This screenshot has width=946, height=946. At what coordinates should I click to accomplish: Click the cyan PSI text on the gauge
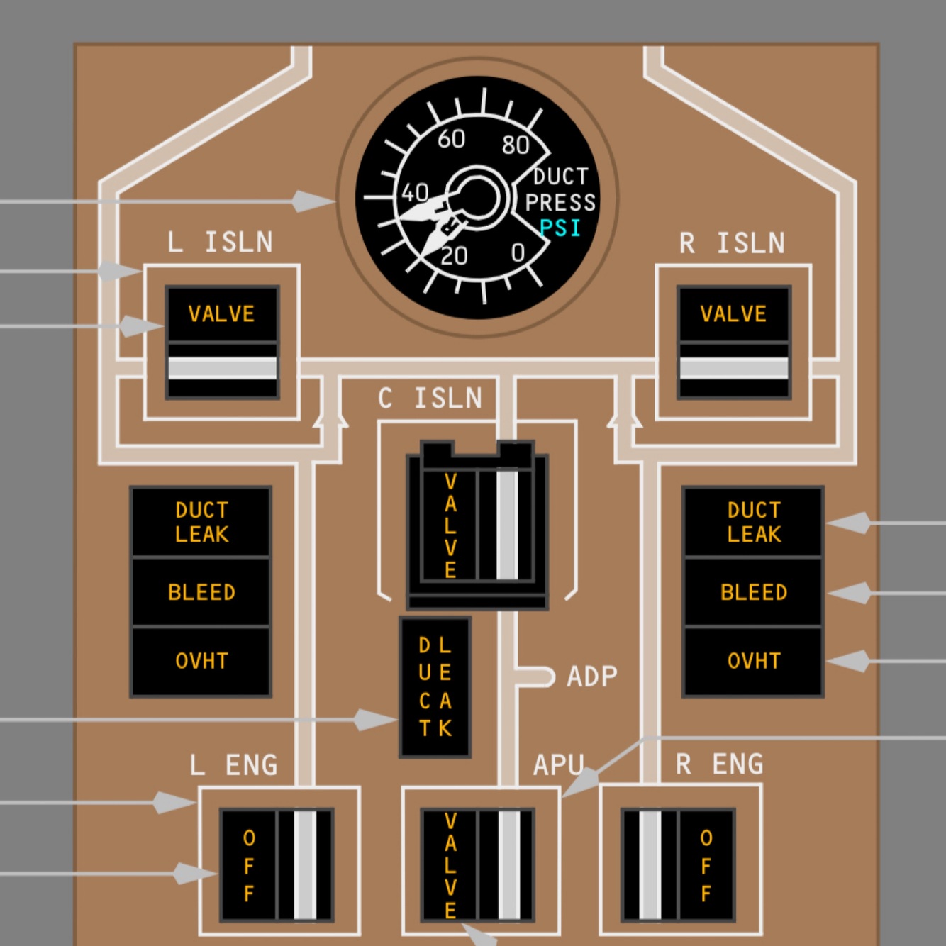560,228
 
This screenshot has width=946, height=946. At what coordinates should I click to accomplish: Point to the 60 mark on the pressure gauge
451,139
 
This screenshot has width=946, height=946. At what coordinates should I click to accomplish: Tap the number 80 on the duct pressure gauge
516,145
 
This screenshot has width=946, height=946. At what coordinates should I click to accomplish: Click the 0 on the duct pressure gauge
518,252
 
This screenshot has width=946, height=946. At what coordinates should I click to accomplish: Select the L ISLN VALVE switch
222,342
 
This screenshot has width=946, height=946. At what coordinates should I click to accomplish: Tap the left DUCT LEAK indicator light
201,522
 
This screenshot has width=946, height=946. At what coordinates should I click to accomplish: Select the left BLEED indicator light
201,592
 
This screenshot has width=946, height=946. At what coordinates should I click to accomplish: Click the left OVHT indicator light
201,661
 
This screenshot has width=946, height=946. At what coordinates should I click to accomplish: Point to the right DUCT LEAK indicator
753,522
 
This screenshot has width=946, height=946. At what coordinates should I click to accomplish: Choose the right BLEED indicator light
753,592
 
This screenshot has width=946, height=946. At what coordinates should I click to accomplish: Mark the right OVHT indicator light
753,661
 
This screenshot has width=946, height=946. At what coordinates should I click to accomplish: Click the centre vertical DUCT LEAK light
435,686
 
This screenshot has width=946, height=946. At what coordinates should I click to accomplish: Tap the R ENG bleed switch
679,865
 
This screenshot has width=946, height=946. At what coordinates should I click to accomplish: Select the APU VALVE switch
477,865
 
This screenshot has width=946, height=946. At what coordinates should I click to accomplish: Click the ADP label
592,677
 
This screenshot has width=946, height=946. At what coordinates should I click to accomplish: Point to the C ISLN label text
430,399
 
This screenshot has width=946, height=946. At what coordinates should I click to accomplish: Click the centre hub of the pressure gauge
477,198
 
